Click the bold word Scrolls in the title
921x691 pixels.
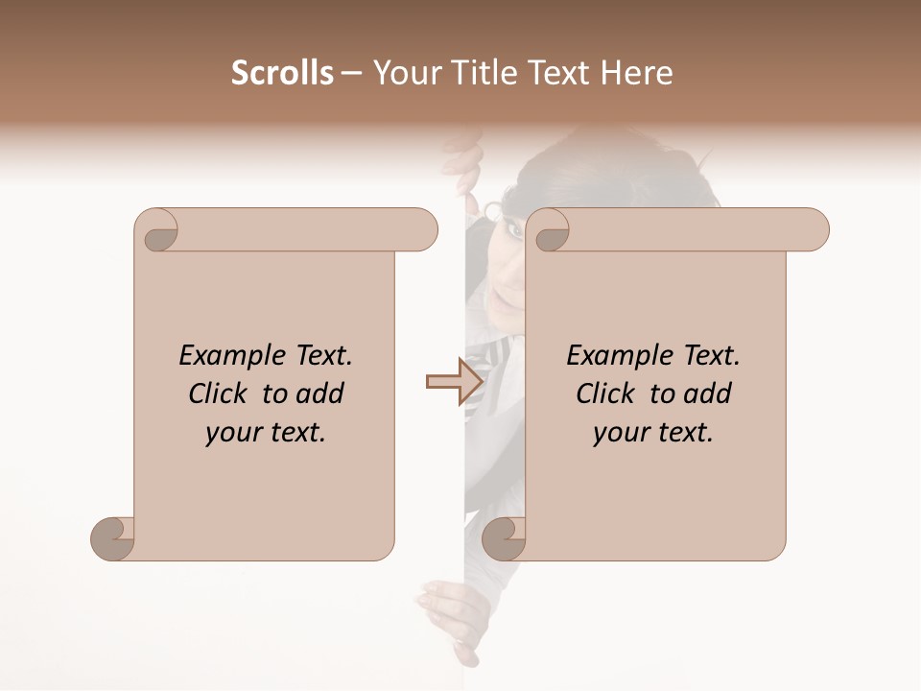click(282, 73)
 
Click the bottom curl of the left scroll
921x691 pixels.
click(112, 538)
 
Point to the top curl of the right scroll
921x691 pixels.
click(551, 231)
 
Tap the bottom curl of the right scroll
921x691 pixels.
click(504, 538)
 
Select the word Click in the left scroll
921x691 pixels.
click(220, 393)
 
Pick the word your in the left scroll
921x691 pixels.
click(231, 433)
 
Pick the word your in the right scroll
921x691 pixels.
click(619, 433)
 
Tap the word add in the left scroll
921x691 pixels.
click(321, 393)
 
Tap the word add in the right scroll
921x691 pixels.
click(708, 393)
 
